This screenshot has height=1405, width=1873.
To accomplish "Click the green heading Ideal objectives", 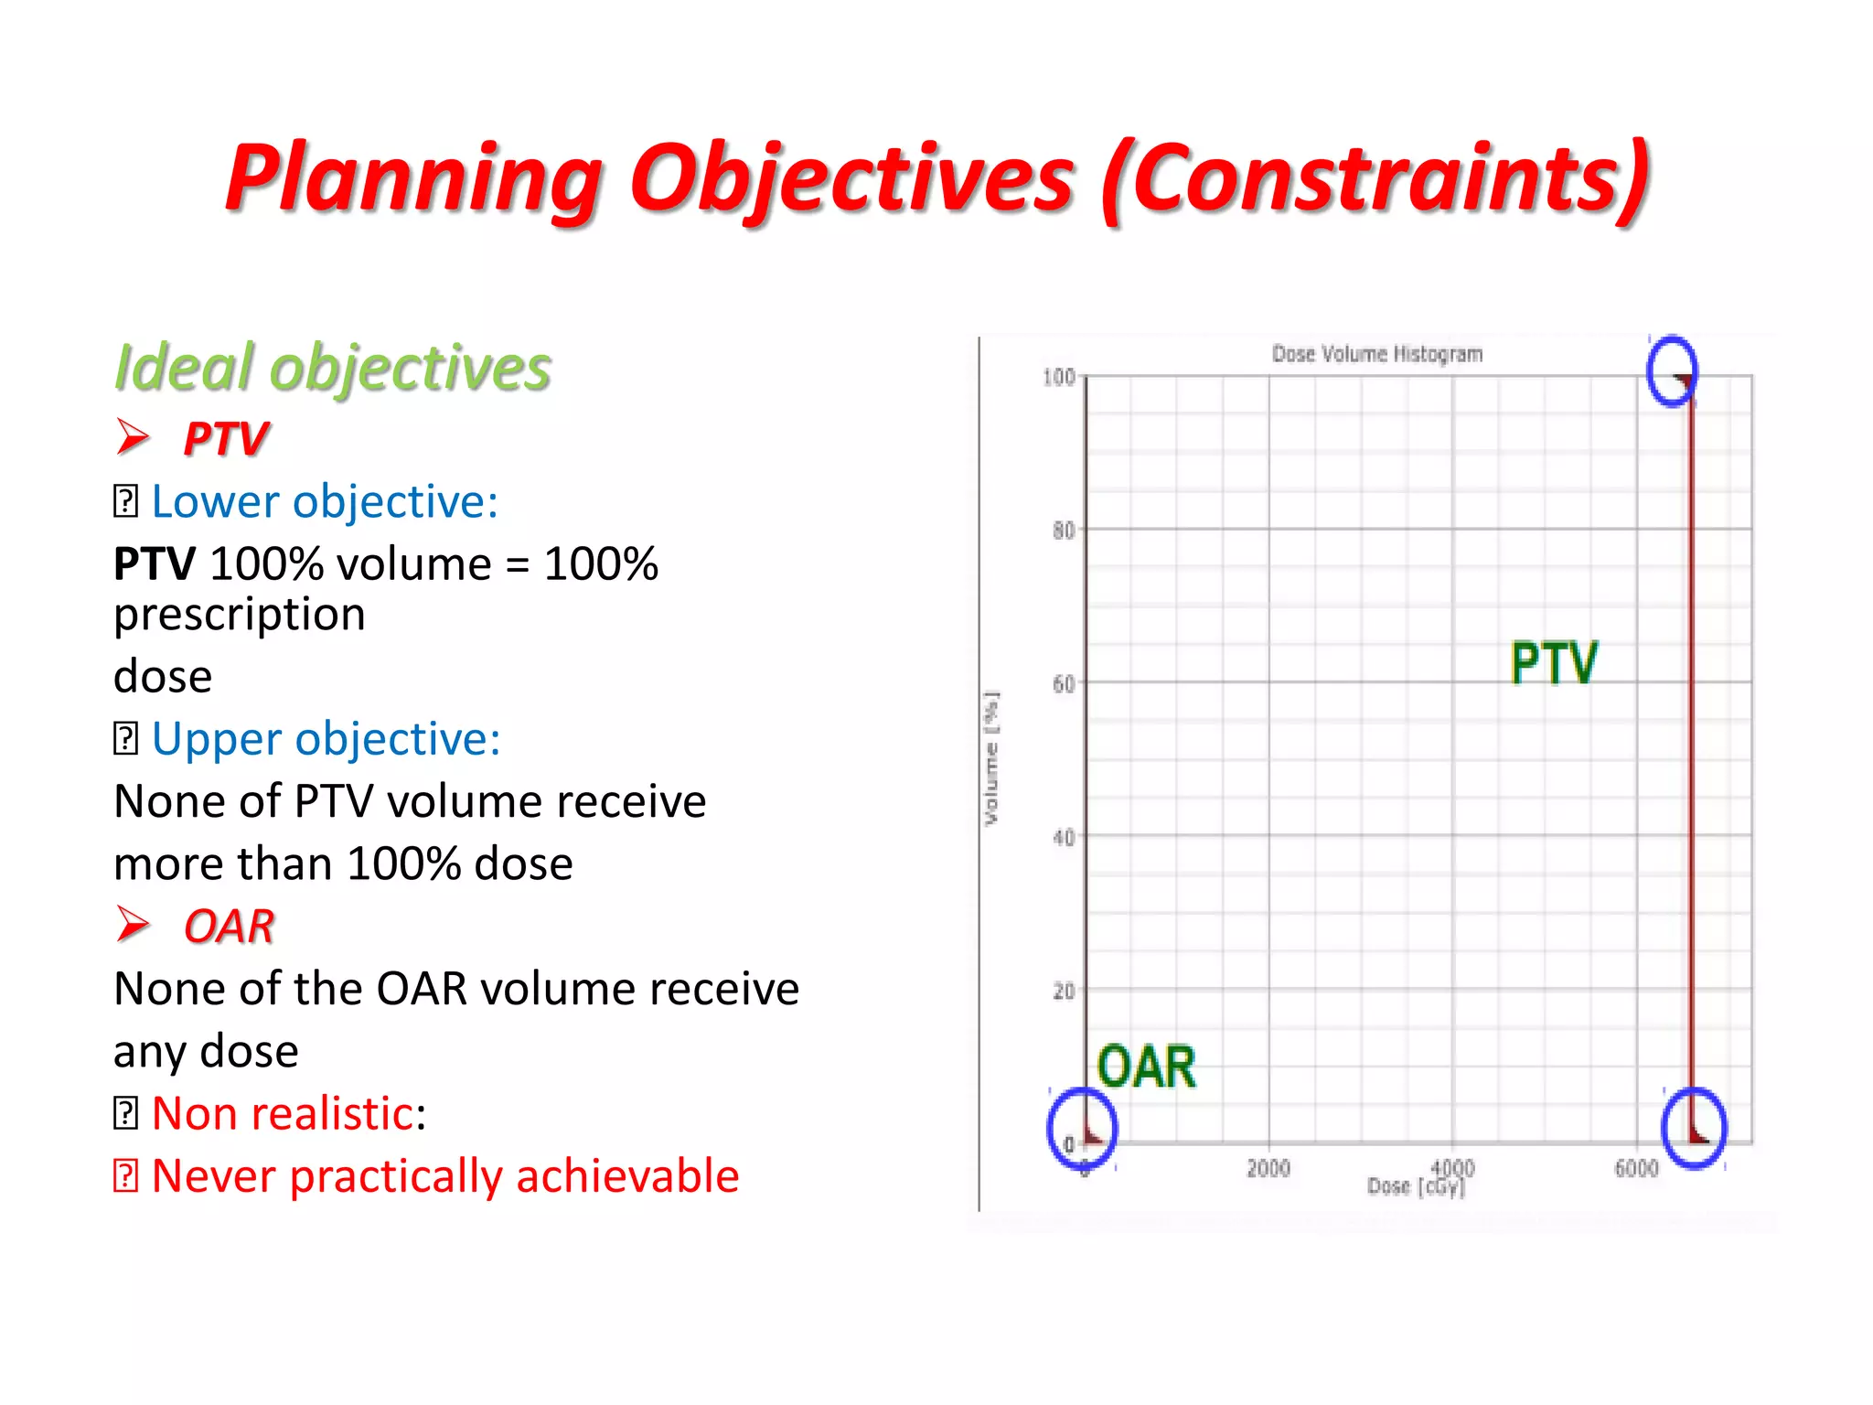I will (x=333, y=368).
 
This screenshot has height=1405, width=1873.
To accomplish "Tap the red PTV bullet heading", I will (x=226, y=438).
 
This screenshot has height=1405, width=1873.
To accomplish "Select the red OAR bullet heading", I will (x=229, y=926).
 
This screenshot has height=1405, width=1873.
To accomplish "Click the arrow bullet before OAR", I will (x=134, y=924).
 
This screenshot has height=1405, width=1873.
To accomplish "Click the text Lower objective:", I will (x=325, y=501).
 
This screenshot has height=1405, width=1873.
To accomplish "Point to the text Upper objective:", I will (x=326, y=738).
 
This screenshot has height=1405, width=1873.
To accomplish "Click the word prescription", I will (x=240, y=614).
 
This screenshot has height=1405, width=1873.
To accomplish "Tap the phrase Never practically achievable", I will (x=444, y=1175).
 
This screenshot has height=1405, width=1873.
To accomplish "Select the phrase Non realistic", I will (x=284, y=1113).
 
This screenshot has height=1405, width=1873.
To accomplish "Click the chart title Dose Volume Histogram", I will (x=1376, y=354).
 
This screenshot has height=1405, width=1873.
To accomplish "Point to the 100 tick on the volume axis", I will (x=1058, y=377).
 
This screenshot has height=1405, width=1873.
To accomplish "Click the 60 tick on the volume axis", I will (x=1063, y=683).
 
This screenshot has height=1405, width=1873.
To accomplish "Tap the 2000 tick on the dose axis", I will (x=1268, y=1168).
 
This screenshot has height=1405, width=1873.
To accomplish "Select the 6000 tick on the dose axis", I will (x=1635, y=1168).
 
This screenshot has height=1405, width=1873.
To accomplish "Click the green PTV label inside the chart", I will (x=1553, y=663).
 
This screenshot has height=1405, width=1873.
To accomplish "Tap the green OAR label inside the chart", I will (x=1145, y=1067).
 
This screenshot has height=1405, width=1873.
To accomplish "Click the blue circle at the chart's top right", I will (x=1672, y=370).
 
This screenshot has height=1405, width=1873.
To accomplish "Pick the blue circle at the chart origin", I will (x=1082, y=1128).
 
